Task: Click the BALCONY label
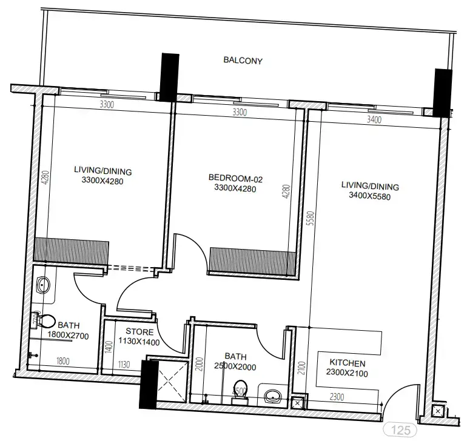243,61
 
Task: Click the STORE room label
139,332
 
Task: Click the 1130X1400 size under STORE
139,342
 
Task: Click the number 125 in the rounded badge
401,431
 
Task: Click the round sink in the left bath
42,285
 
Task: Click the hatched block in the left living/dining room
72,251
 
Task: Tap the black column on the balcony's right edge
443,93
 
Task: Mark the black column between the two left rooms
168,77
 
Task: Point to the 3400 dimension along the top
374,120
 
